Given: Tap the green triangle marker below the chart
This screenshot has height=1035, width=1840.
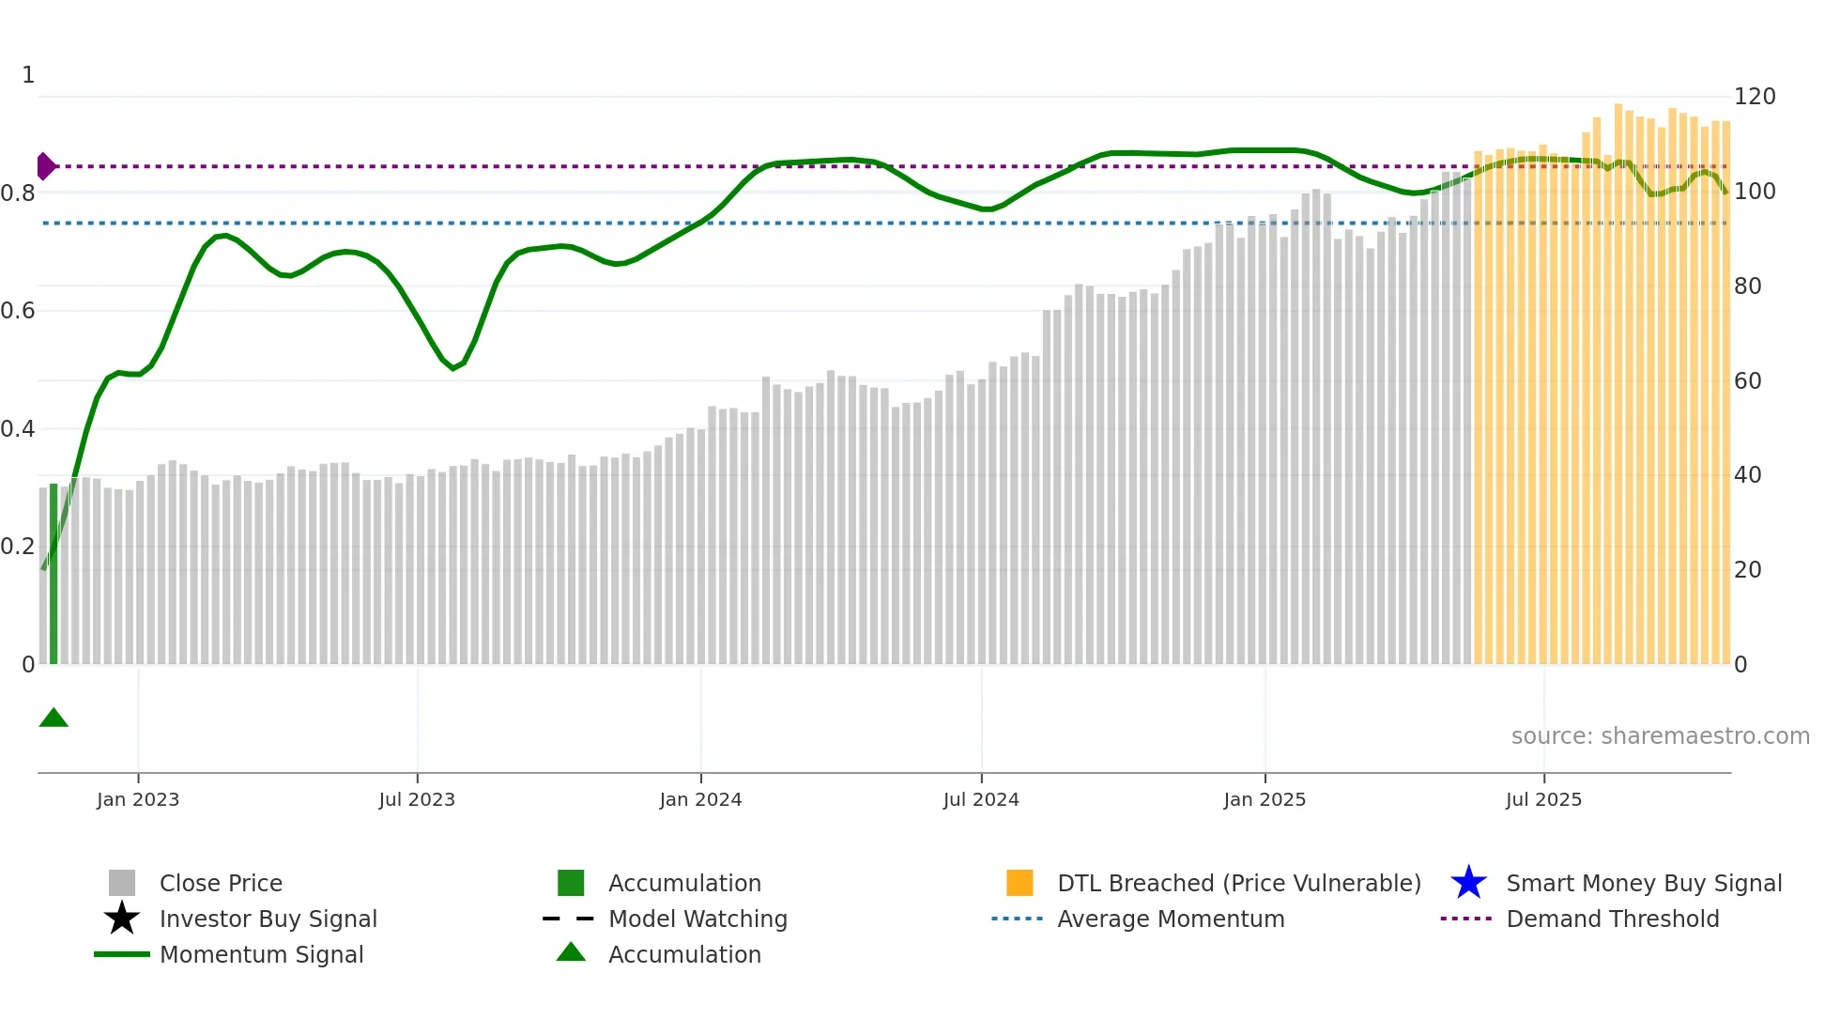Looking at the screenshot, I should coord(54,718).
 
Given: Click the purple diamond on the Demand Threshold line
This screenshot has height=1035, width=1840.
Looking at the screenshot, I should coord(45,166).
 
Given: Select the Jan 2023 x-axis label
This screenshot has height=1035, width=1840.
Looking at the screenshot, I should coord(138,799).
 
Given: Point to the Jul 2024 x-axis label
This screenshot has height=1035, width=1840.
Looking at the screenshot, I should coord(981,799).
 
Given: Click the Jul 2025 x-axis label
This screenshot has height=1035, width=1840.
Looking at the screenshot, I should coord(1543,799).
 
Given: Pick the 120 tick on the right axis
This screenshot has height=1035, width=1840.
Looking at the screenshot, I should coord(1755,97).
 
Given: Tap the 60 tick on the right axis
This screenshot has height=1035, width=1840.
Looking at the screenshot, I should coord(1748,380).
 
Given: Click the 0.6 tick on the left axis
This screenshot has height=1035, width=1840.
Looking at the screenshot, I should coord(18,311).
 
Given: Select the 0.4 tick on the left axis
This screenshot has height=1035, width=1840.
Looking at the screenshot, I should coord(18,429).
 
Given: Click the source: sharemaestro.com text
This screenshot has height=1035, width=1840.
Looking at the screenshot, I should coord(1660,736).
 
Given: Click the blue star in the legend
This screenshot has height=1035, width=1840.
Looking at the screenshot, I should coord(1468,883).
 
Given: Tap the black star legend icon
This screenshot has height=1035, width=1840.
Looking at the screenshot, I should coord(122,919).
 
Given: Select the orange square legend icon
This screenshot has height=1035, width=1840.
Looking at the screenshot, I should coord(1020,883).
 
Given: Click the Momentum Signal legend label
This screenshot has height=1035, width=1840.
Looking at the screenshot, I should coord(261,954).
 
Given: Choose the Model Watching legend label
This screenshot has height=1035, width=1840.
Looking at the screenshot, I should coord(698,919).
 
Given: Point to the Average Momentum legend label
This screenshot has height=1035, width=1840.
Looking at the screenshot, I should coord(1171,919).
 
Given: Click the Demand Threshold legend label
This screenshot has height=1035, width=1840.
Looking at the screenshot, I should coord(1612,919).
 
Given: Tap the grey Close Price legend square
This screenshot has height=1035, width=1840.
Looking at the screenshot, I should coord(122,883).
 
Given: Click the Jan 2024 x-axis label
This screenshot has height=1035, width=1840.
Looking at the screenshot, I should coord(700,799).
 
